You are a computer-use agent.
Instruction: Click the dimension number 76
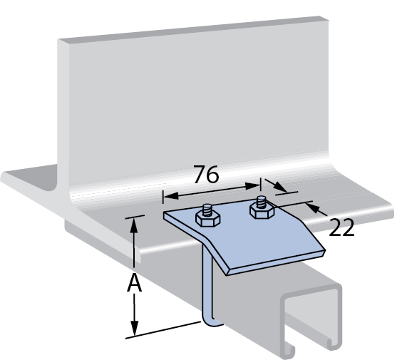[205, 174]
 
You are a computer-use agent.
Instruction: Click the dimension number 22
[341, 227]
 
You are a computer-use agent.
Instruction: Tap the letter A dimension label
[134, 283]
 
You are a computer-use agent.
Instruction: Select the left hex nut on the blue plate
[207, 218]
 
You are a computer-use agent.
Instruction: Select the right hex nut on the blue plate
[262, 210]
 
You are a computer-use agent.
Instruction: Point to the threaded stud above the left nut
[207, 210]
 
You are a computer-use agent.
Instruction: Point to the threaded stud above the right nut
[261, 202]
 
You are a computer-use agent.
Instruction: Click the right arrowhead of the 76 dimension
[252, 186]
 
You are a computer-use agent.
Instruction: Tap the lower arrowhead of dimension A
[135, 328]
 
